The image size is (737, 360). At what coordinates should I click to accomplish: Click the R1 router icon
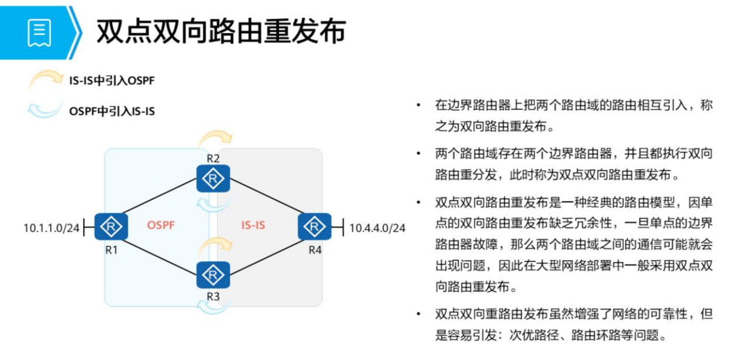(111, 227)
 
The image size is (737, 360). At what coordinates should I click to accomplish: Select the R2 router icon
(213, 178)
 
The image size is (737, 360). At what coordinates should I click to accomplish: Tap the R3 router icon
(213, 276)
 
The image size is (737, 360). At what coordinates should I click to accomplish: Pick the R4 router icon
(315, 227)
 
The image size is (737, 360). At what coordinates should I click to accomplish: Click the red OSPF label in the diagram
(160, 226)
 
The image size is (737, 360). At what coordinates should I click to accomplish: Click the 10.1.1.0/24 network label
(51, 228)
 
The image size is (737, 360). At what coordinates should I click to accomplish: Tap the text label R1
(111, 249)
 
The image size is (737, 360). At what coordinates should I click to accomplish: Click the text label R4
(315, 249)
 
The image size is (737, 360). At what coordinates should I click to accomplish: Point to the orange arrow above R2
(215, 137)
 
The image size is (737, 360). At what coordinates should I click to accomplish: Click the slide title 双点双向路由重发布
(221, 31)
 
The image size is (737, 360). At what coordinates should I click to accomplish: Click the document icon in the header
(39, 32)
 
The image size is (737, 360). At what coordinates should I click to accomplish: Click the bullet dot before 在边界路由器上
(418, 105)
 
